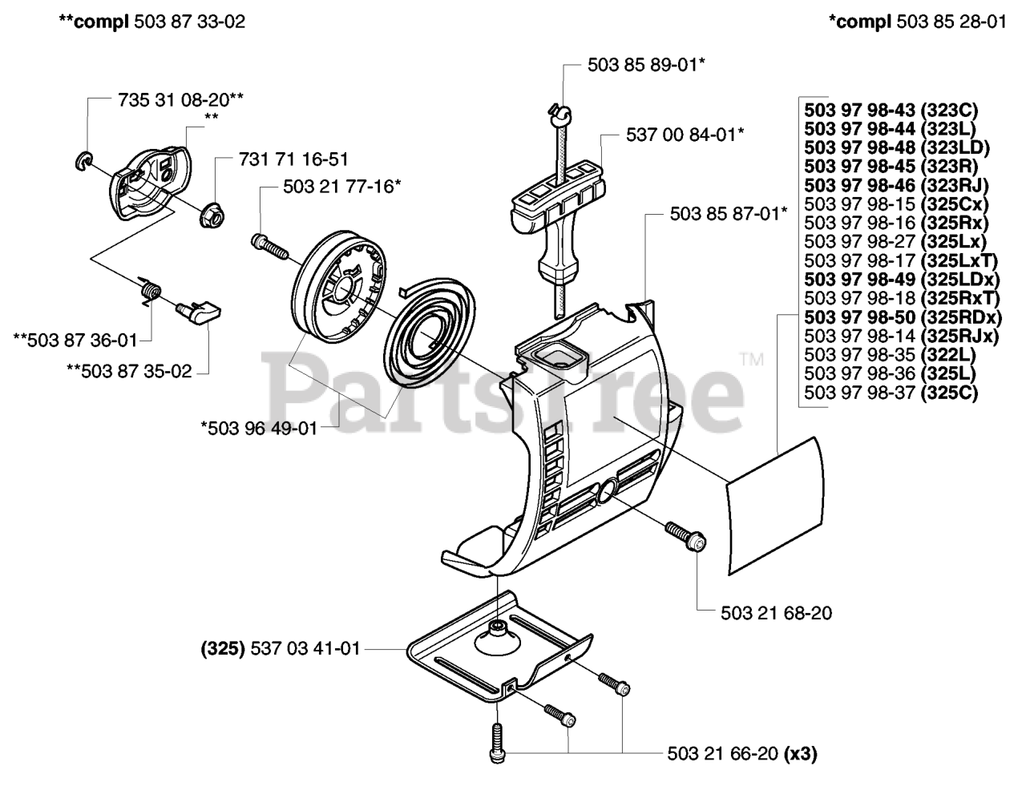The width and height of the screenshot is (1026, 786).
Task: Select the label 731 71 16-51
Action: click(293, 159)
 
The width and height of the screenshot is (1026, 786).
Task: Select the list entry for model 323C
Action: click(891, 111)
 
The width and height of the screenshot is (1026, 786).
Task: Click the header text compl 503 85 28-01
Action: click(917, 22)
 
